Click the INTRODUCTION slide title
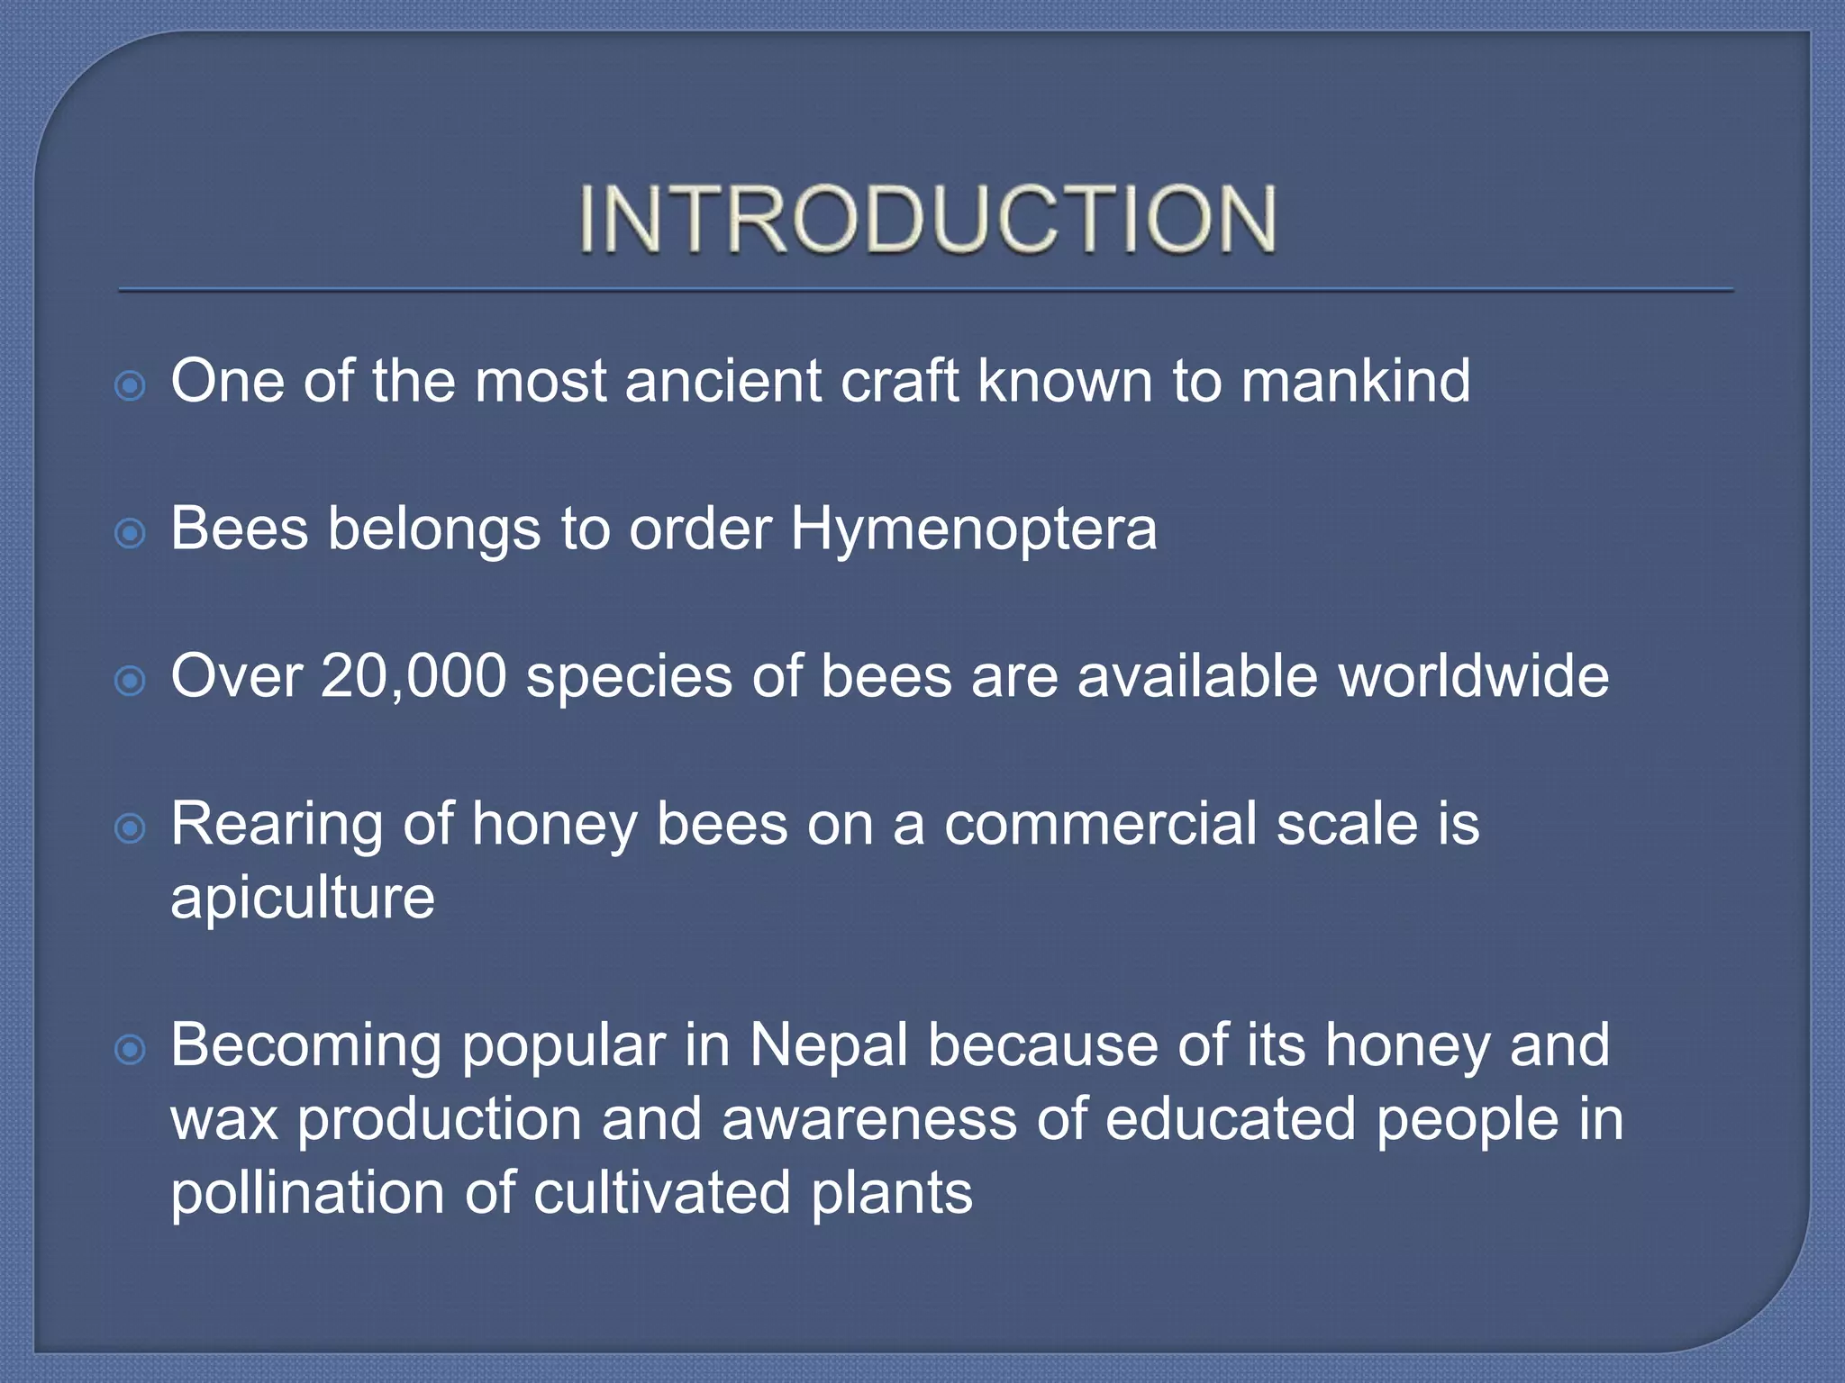coord(927,219)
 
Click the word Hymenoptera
coord(973,529)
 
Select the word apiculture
coord(303,899)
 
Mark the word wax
coord(224,1121)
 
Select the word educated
coord(1230,1119)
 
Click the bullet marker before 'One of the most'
coord(131,387)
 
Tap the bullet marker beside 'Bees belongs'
coord(131,534)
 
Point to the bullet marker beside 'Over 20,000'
coord(131,682)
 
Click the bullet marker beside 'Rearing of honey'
coord(131,828)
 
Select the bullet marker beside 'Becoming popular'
coord(131,1050)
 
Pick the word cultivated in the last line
coord(662,1193)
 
